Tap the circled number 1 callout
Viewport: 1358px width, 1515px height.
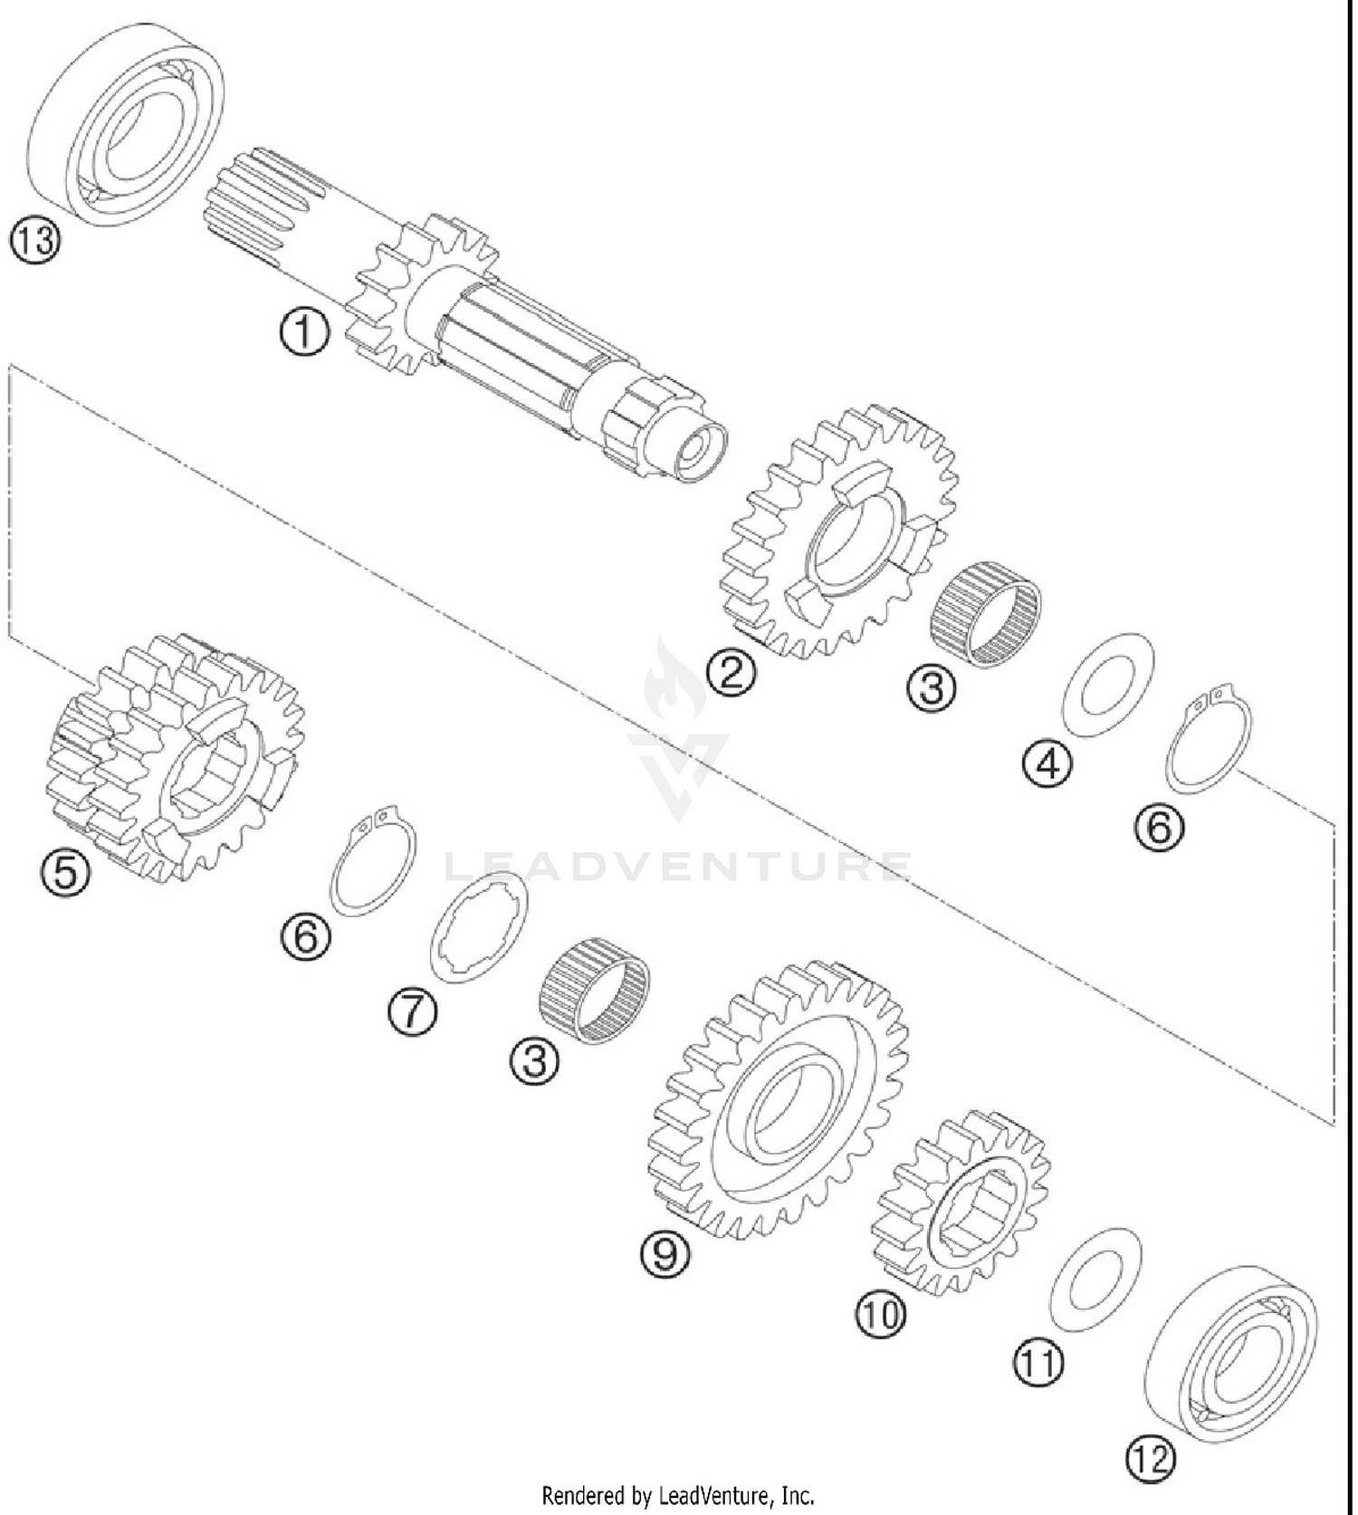click(x=304, y=332)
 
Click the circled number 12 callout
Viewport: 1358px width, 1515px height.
click(x=1151, y=1457)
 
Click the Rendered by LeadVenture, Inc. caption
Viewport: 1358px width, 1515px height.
click(x=678, y=1495)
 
